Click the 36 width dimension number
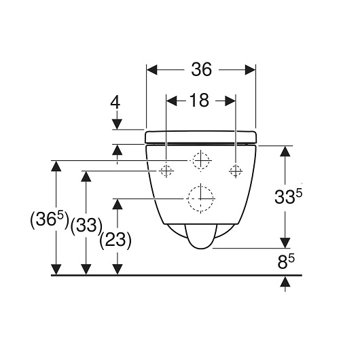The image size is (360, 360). click(201, 69)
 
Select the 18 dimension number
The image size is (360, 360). click(199, 101)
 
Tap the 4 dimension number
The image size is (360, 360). click(115, 103)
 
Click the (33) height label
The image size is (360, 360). click(86, 226)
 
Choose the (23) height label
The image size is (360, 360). click(115, 240)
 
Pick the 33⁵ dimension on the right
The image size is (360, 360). click(289, 197)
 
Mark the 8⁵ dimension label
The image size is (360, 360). click(286, 262)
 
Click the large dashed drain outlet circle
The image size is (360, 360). click(200, 198)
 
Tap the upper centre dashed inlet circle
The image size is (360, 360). click(201, 161)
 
